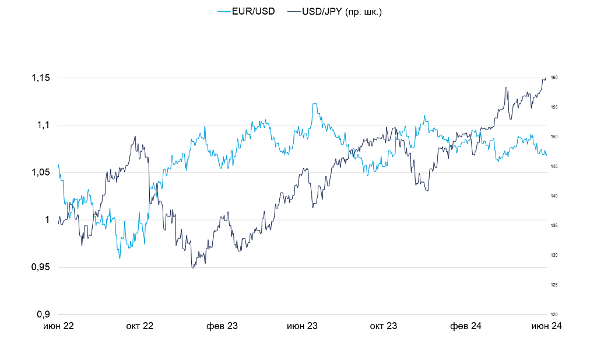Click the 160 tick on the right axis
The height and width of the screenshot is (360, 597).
[554, 78]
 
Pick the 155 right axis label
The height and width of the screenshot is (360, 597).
[554, 107]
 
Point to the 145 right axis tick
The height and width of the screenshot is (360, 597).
[554, 167]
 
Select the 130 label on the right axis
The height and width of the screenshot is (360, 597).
[554, 256]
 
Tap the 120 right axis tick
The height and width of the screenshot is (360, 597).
[554, 314]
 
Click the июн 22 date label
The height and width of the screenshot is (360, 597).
[59, 326]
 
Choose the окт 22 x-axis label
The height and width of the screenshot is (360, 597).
[139, 326]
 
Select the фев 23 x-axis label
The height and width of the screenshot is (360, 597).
[222, 326]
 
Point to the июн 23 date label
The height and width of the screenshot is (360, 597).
[302, 326]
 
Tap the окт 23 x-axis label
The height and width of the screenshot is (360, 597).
[383, 326]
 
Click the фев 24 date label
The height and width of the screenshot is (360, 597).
[465, 326]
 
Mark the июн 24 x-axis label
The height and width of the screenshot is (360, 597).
[546, 326]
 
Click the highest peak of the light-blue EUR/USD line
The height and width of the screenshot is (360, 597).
[314, 103]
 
